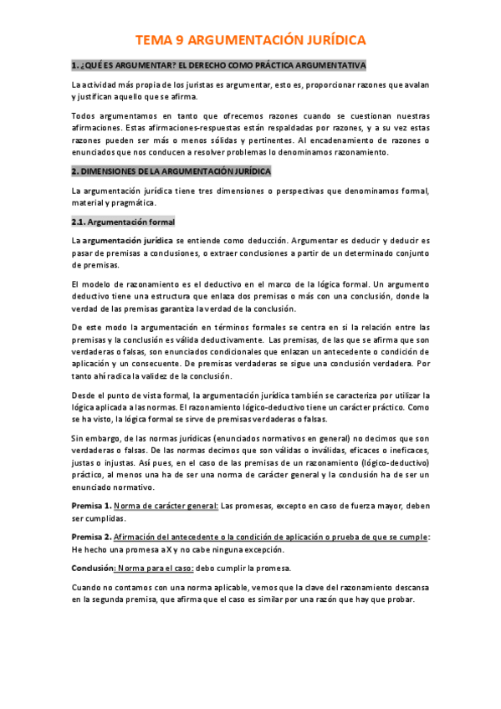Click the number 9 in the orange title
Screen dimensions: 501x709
click(x=179, y=40)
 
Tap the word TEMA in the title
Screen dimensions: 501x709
click(x=154, y=40)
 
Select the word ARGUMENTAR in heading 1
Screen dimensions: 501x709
click(x=135, y=65)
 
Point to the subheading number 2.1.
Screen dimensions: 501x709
click(x=77, y=222)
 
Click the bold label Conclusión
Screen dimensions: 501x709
click(x=91, y=565)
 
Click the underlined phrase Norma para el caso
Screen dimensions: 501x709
click(x=156, y=565)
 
